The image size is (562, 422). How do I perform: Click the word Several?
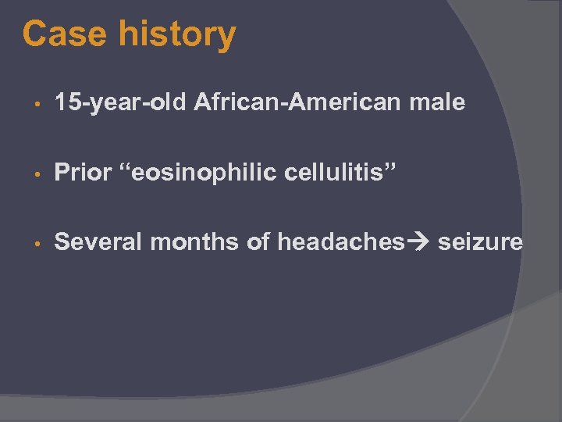coord(98,243)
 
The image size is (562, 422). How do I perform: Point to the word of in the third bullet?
coord(258,243)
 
